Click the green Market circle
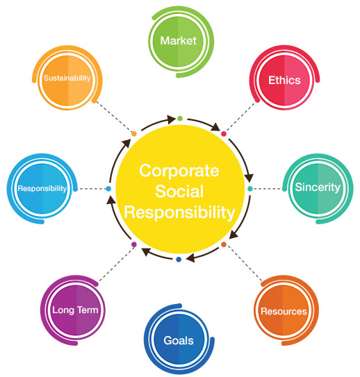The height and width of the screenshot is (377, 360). tap(179, 42)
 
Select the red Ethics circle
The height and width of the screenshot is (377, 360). tap(284, 80)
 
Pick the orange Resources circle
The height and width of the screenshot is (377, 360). tap(284, 310)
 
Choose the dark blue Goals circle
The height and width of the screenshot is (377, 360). tap(179, 340)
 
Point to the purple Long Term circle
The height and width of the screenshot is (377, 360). tap(75, 310)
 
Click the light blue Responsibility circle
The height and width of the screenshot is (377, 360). tap(42, 189)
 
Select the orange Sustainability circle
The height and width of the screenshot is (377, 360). tap(67, 78)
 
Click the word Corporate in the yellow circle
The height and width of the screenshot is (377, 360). tap(179, 171)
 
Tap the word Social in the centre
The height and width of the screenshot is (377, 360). tap(179, 192)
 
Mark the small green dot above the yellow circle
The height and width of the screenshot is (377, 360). tap(180, 118)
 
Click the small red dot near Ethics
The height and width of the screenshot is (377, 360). tap(224, 134)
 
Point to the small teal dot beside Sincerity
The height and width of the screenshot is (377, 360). tap(250, 189)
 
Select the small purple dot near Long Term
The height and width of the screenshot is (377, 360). tap(134, 244)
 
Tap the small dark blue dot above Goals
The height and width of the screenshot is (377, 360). tap(179, 260)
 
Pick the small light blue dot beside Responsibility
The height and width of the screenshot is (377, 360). tap(108, 189)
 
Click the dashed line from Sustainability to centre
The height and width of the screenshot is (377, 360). tap(113, 117)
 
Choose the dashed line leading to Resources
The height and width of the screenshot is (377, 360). tap(244, 263)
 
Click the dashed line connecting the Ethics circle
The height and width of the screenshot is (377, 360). tap(240, 117)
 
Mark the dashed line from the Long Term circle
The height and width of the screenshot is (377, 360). tap(117, 264)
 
